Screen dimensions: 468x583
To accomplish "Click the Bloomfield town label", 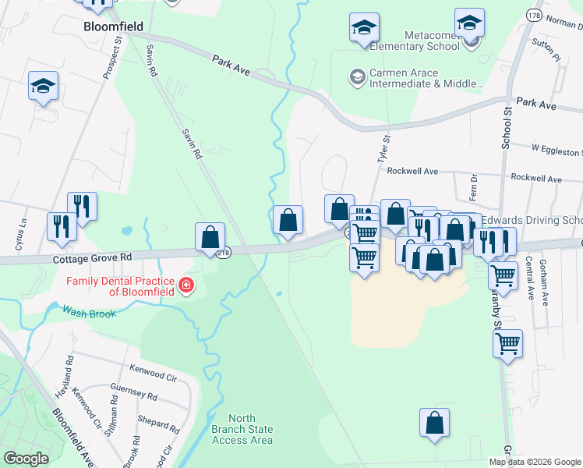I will tap(113, 27).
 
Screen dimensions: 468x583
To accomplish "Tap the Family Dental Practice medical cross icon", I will tap(185, 286).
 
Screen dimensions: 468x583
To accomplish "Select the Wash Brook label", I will tap(90, 313).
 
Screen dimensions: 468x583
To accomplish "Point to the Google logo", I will tap(26, 458).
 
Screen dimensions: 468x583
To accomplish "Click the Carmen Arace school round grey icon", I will tap(357, 76).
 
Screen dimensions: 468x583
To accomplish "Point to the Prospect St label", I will tap(112, 55).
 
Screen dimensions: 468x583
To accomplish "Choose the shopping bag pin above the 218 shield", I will tap(210, 236).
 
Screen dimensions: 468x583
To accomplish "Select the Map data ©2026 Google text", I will tap(535, 461).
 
